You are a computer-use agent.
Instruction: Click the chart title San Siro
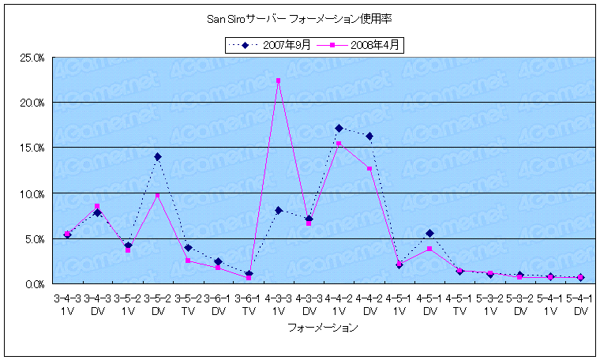tap(299, 21)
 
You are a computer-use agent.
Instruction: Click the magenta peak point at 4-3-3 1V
tap(279, 81)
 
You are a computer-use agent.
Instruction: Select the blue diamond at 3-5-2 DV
tap(158, 156)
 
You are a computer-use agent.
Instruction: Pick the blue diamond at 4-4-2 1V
tap(339, 128)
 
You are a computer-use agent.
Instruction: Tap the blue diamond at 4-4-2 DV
tap(369, 136)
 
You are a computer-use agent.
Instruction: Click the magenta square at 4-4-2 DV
tap(369, 169)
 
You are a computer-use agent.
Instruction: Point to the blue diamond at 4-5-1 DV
tap(429, 233)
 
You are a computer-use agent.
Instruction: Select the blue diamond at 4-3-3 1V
tap(279, 210)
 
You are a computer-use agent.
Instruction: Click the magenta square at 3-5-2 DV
tap(158, 195)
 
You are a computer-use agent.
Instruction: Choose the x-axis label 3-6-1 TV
tap(249, 306)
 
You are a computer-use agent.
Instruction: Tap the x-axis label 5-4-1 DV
tap(580, 306)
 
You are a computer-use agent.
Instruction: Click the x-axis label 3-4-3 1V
tap(67, 306)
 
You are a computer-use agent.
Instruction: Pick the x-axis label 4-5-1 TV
tap(459, 306)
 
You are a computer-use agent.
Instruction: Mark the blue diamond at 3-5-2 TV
tap(188, 248)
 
